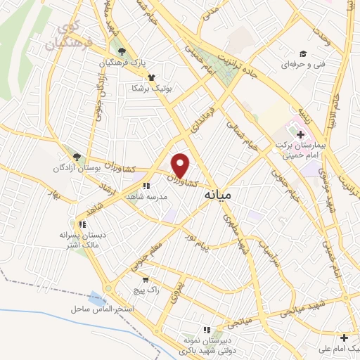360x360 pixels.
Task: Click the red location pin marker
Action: pyautogui.click(x=181, y=165)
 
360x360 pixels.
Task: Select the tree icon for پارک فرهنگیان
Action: pyautogui.click(x=123, y=51)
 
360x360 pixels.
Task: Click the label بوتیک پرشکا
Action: pyautogui.click(x=146, y=88)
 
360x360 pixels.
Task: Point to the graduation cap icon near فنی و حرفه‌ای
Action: pyautogui.click(x=303, y=53)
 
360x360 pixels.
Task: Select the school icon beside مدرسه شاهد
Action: pyautogui.click(x=146, y=186)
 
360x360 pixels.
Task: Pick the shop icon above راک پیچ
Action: pyautogui.click(x=146, y=279)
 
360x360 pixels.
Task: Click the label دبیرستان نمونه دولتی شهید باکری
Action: pyautogui.click(x=206, y=344)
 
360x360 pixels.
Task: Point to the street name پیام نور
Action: pyautogui.click(x=208, y=248)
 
